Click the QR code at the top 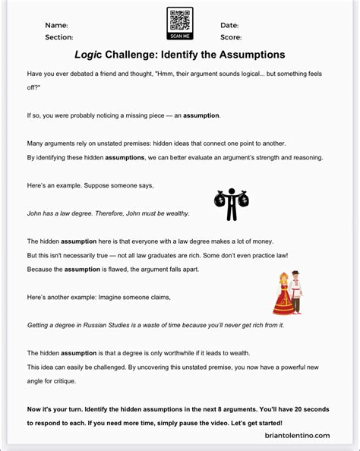pos(179,19)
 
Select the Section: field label pos(59,36)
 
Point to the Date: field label pos(229,26)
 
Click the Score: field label pos(231,36)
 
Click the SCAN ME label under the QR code pos(179,36)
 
